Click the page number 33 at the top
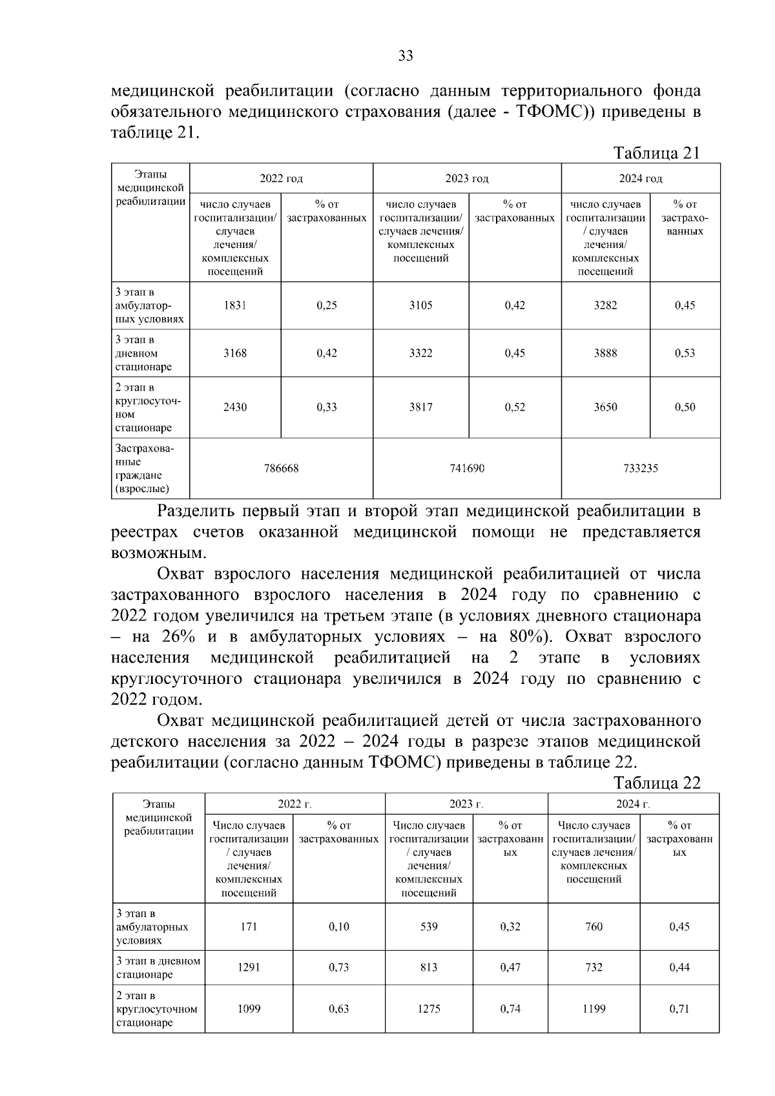coord(406,56)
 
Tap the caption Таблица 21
coord(657,153)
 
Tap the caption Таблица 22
coord(657,783)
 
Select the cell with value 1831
coord(235,305)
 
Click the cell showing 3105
coord(421,305)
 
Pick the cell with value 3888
coord(605,353)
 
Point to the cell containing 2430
coord(235,408)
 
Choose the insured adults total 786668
coord(281,469)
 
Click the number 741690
coord(467,469)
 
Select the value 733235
coord(641,469)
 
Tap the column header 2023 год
coord(467,179)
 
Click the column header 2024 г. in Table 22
coord(633,804)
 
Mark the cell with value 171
coord(249,927)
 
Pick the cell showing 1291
coord(249,967)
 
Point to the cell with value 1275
coord(429,1009)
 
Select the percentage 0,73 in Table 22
coord(339,967)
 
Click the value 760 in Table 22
coord(594,927)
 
